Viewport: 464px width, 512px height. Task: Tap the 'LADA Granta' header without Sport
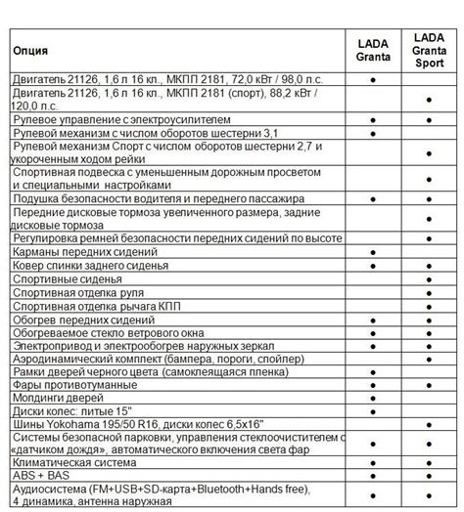[374, 48]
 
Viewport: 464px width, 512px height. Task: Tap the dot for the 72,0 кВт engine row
[374, 77]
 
